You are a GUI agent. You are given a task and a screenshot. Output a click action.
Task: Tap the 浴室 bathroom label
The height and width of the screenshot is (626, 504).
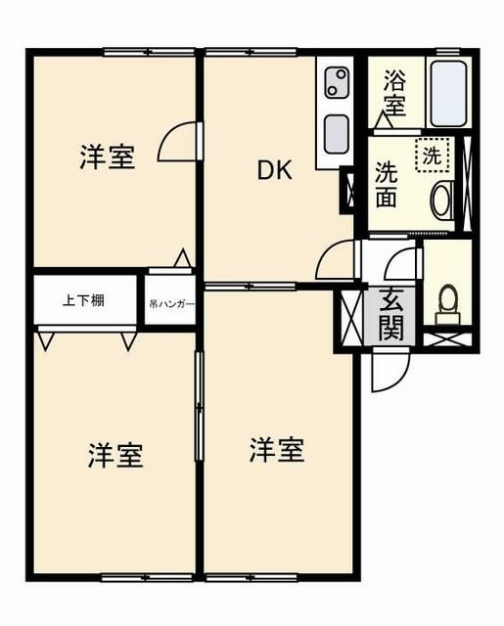[x=394, y=92]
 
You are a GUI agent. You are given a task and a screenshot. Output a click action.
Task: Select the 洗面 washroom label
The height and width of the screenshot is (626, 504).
[x=386, y=183]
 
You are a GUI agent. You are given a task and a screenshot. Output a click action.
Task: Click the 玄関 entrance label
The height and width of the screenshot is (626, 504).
[x=390, y=315]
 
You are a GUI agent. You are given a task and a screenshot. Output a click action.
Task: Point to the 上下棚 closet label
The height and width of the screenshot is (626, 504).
[x=83, y=301]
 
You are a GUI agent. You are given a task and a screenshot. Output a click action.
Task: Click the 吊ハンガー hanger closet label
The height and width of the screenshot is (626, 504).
[x=171, y=304]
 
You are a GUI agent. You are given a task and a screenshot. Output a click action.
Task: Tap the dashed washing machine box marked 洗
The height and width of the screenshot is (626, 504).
[x=432, y=153]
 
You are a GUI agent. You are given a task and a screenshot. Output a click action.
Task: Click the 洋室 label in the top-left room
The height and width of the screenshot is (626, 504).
[x=107, y=156]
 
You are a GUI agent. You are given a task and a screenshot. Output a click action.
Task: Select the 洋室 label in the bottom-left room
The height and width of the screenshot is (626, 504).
[x=116, y=455]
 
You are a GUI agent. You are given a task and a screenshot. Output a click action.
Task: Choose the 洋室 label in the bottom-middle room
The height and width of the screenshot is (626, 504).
[x=276, y=450]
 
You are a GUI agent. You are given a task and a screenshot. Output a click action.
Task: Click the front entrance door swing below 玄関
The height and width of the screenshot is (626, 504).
[x=389, y=372]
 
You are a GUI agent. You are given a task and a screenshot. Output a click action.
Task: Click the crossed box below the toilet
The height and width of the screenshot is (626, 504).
[x=448, y=341]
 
